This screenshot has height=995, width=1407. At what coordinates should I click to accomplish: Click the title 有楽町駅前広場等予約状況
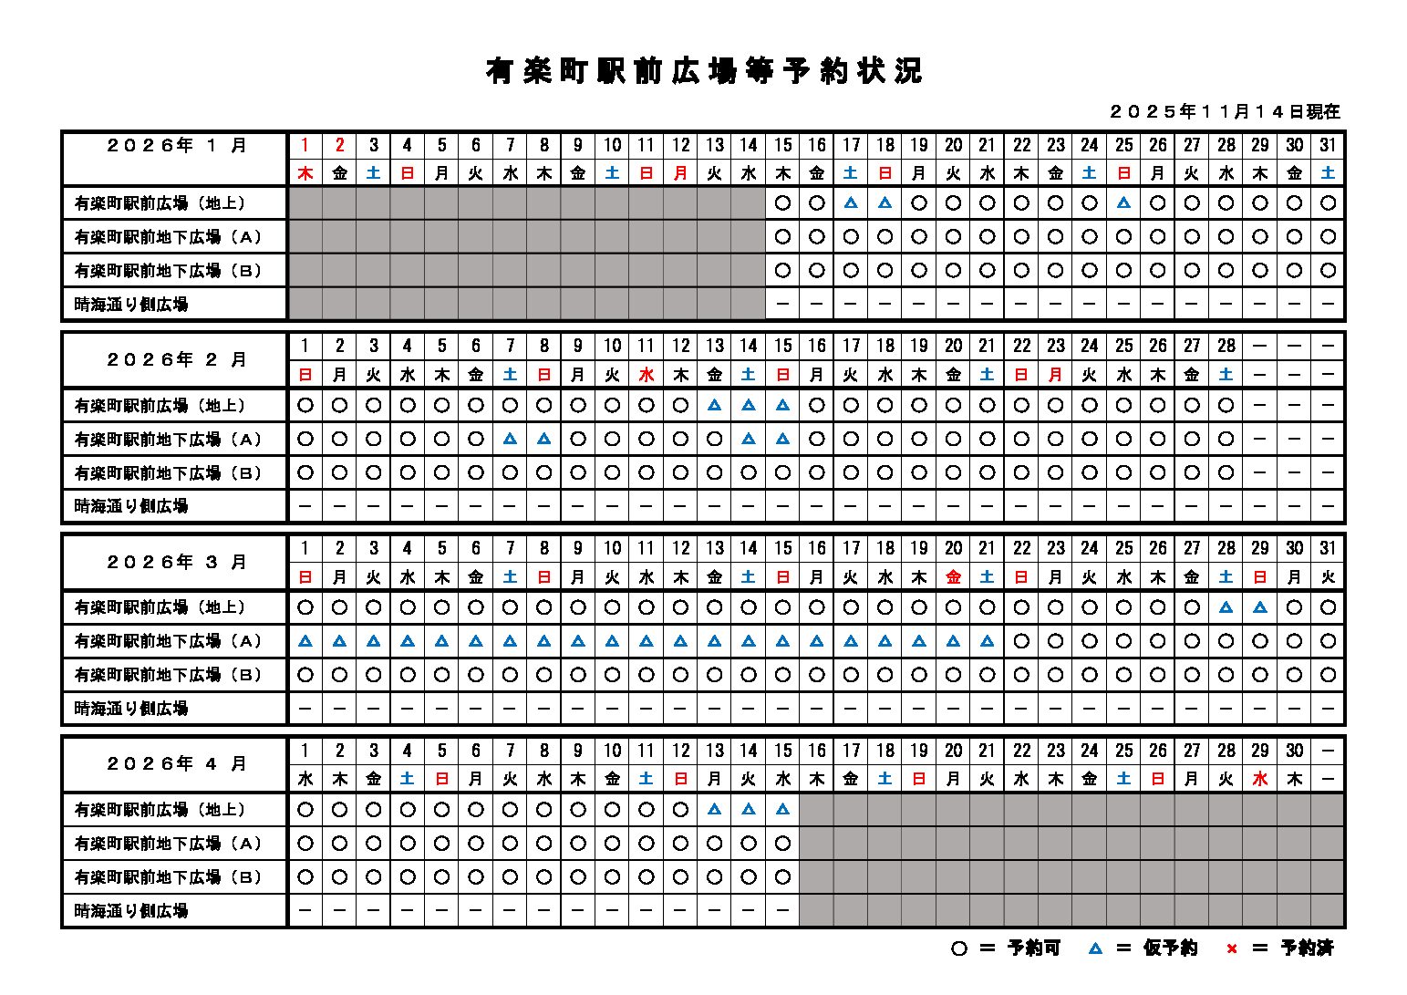tap(703, 71)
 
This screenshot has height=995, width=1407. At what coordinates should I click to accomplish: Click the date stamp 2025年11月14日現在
tap(1225, 112)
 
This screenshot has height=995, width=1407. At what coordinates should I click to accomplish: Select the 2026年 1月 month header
tap(176, 145)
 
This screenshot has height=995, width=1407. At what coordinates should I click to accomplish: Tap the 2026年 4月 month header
tap(176, 763)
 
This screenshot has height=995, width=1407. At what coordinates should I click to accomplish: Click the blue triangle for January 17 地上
tap(851, 203)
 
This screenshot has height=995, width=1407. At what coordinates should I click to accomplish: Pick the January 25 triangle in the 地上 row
tap(1123, 203)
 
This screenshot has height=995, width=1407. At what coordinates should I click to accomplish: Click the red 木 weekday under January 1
tap(305, 172)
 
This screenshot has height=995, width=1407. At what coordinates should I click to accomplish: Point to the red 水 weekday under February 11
tap(647, 374)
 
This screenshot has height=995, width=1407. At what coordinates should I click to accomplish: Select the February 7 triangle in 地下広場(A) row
tap(510, 440)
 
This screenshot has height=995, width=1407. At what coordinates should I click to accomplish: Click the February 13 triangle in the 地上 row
tap(715, 406)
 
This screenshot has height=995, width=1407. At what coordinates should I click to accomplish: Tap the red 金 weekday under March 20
tap(953, 576)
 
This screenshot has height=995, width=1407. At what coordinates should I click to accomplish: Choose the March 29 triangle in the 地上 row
tap(1260, 607)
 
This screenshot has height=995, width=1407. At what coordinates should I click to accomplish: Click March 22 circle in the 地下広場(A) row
tap(1021, 641)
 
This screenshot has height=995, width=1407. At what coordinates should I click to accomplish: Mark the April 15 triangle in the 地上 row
tap(782, 810)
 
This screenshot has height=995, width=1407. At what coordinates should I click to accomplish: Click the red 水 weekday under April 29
tap(1260, 779)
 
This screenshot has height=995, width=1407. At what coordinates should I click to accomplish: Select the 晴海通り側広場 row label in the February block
tap(131, 506)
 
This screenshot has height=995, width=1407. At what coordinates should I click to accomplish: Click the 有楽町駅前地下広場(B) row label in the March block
tap(168, 675)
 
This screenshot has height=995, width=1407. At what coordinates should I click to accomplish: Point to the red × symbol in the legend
tap(1232, 949)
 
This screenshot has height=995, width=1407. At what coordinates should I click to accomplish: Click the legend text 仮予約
tap(1170, 948)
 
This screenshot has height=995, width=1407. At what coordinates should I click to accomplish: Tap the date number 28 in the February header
tap(1226, 346)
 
